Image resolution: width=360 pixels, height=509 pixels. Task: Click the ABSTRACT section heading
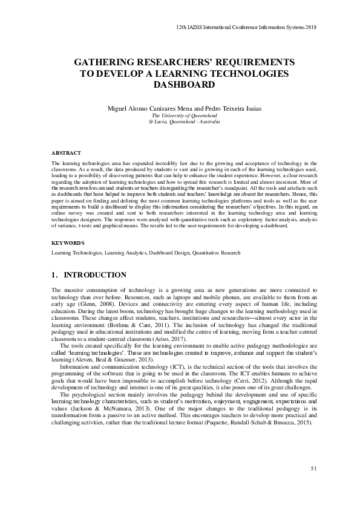[66, 154]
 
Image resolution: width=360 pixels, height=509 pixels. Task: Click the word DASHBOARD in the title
[180, 85]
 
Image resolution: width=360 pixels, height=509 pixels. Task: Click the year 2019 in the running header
[310, 27]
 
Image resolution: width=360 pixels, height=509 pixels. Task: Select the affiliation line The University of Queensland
[180, 115]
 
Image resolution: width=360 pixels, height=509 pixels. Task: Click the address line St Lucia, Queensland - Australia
[180, 122]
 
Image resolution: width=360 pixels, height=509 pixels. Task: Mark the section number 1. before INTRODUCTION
[55, 274]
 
